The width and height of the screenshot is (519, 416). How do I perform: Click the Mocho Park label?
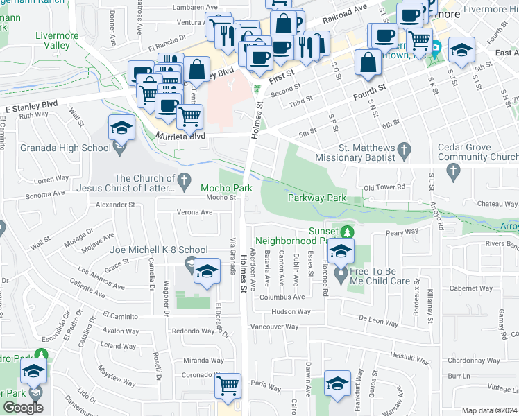coord(226,188)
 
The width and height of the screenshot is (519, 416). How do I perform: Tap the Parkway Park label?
coord(316,198)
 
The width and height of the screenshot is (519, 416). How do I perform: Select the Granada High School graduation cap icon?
coord(121,128)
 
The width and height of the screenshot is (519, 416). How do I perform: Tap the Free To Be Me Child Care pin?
coord(341,275)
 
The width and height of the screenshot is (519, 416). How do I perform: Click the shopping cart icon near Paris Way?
coord(228,386)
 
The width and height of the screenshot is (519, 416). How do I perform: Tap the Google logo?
coord(23,408)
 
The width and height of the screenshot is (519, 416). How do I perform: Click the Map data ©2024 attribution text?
coord(488,410)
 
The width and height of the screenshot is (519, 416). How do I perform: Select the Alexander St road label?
coord(115,205)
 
